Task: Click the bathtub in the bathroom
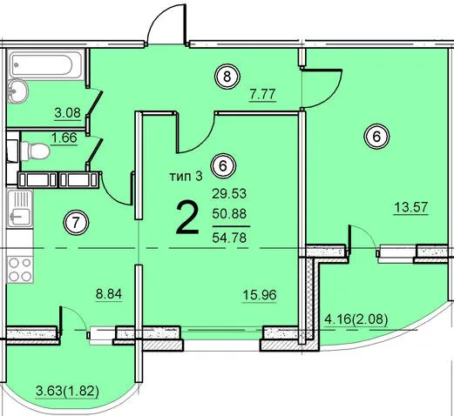click(x=46, y=65)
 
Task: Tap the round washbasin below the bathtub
click(x=17, y=91)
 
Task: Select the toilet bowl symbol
click(x=35, y=151)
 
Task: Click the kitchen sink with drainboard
click(x=20, y=208)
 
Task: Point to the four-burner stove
click(x=20, y=270)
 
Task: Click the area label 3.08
click(x=68, y=112)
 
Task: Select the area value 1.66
click(x=64, y=138)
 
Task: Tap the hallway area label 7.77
click(x=262, y=94)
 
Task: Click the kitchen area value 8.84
click(x=109, y=294)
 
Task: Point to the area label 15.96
click(x=260, y=295)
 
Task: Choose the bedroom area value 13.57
click(x=411, y=207)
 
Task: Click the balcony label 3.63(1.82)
click(x=67, y=392)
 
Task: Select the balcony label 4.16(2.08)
click(x=356, y=320)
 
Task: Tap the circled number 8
click(x=227, y=77)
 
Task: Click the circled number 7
click(x=76, y=223)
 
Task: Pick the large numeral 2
click(x=188, y=218)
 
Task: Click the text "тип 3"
click(x=186, y=176)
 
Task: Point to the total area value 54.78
click(x=229, y=238)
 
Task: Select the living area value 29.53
click(x=229, y=193)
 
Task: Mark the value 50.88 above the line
click(x=229, y=214)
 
